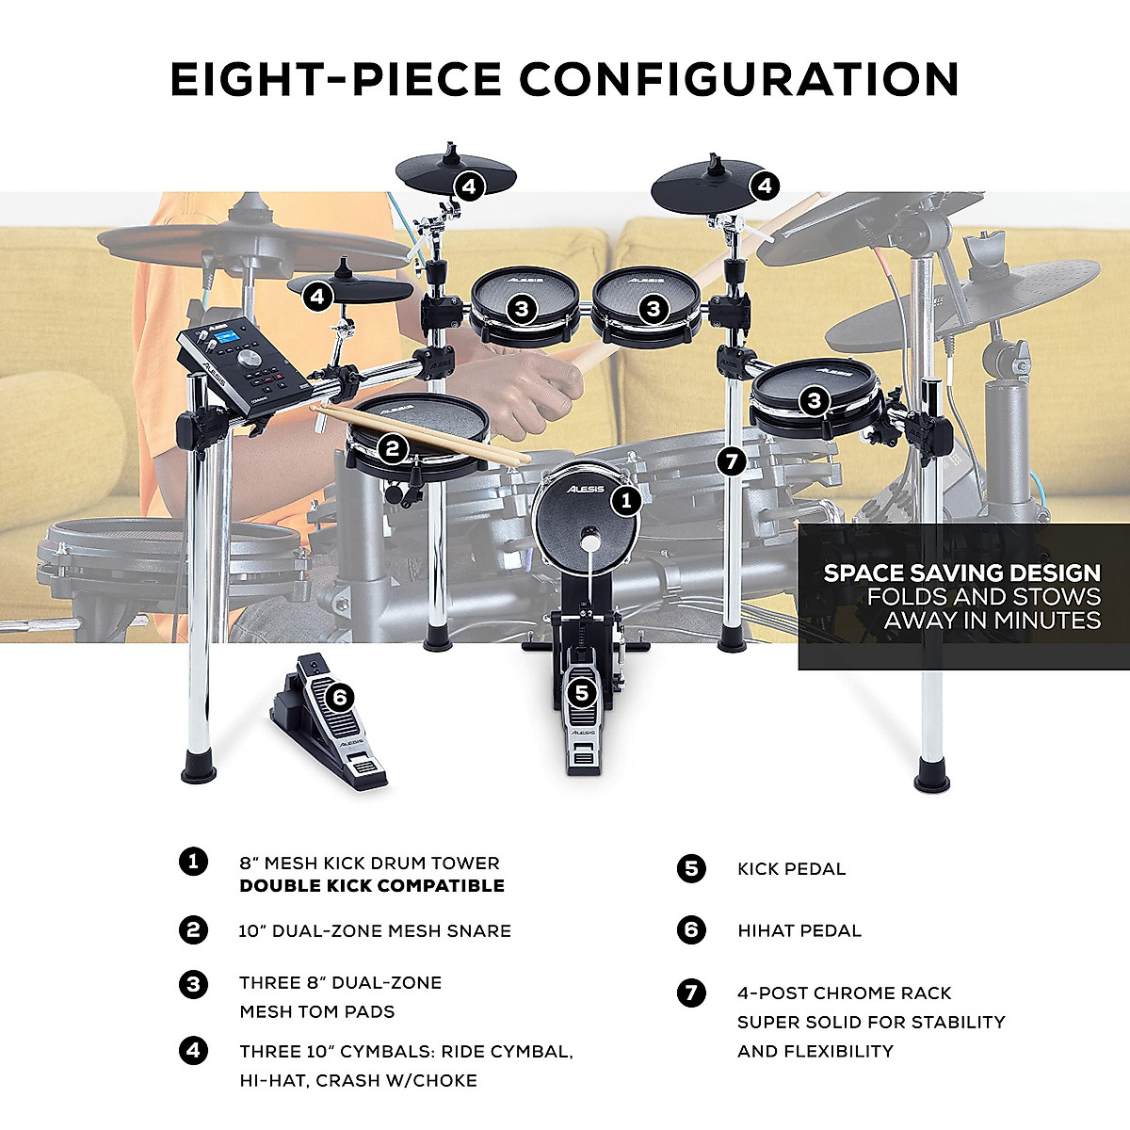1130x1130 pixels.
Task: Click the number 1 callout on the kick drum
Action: pyautogui.click(x=626, y=499)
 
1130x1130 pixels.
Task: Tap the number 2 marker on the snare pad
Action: pyautogui.click(x=394, y=449)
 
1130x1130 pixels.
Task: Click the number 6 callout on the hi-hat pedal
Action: pyautogui.click(x=340, y=698)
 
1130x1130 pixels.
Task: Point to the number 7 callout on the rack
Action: pyautogui.click(x=731, y=461)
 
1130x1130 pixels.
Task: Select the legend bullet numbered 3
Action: pyautogui.click(x=193, y=985)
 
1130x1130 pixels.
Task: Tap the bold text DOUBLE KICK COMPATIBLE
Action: pyautogui.click(x=372, y=886)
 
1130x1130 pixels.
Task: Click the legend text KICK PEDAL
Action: pyautogui.click(x=791, y=869)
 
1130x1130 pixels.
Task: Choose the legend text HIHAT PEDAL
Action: pyautogui.click(x=799, y=931)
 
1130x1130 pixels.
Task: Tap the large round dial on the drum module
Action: pyautogui.click(x=250, y=362)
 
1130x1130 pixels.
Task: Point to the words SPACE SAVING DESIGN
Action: pyautogui.click(x=961, y=573)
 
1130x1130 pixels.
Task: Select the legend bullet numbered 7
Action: pyautogui.click(x=691, y=993)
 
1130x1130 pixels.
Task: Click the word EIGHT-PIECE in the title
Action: pyautogui.click(x=334, y=79)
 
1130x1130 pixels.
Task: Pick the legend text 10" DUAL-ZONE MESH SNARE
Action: pyautogui.click(x=374, y=931)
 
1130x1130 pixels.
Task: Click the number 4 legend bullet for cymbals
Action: pyautogui.click(x=193, y=1050)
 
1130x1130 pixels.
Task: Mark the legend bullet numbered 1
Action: pyautogui.click(x=193, y=862)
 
